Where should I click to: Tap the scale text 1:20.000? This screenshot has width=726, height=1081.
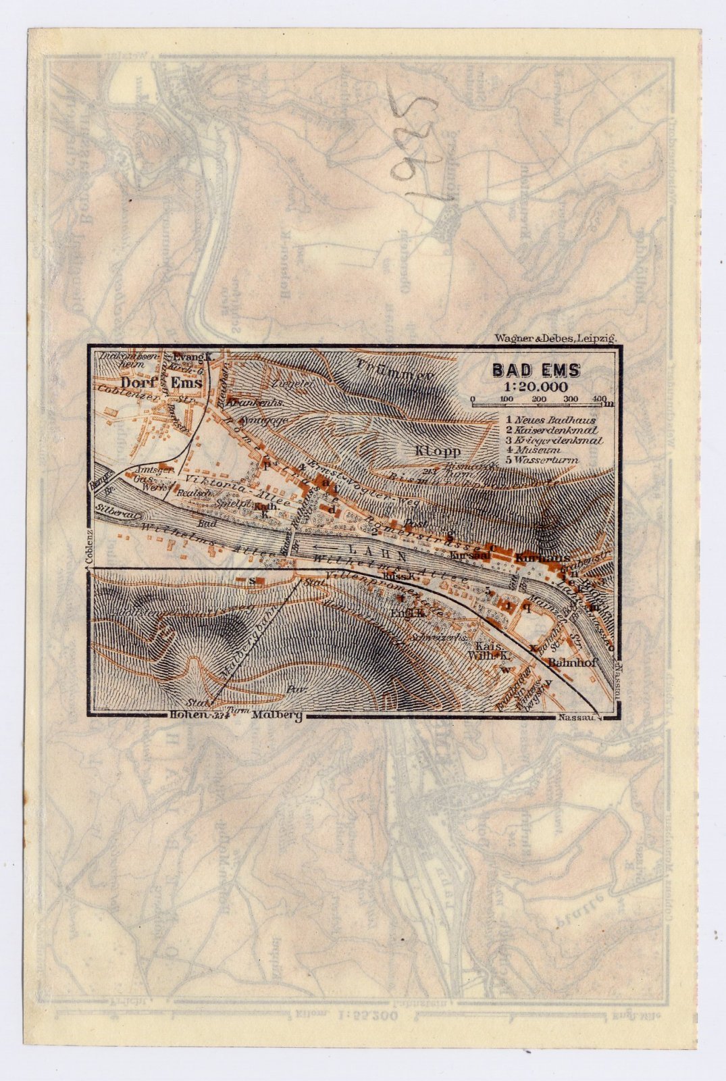[535, 386]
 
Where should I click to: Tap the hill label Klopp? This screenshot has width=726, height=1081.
[438, 451]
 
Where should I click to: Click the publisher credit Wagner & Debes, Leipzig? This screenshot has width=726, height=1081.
[555, 338]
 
